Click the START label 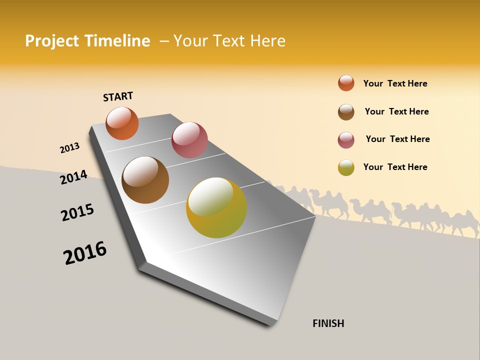(x=118, y=96)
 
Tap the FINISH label (x=328, y=323)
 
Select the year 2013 (x=70, y=148)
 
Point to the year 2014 (x=74, y=177)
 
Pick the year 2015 (x=77, y=212)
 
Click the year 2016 (x=85, y=253)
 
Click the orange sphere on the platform (x=122, y=123)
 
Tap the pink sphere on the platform (x=189, y=140)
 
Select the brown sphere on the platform (x=145, y=180)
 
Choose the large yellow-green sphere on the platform (x=216, y=207)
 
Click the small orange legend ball (x=346, y=83)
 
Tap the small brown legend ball (x=346, y=112)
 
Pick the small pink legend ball (x=346, y=140)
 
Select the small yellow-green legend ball (x=346, y=167)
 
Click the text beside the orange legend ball (x=395, y=83)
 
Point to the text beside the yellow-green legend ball (x=395, y=167)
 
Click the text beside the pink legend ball (x=397, y=139)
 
